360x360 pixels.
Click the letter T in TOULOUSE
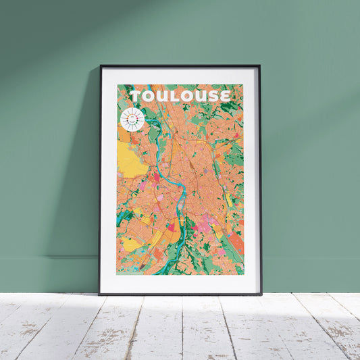[x=136, y=96]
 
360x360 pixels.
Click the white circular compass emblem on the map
[x=132, y=120]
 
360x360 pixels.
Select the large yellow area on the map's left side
[x=131, y=159]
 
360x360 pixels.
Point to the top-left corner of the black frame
[x=101, y=66]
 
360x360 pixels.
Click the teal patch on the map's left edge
[x=122, y=217]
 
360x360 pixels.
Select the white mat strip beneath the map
[x=180, y=284]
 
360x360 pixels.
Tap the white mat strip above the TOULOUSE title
[x=180, y=75]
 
